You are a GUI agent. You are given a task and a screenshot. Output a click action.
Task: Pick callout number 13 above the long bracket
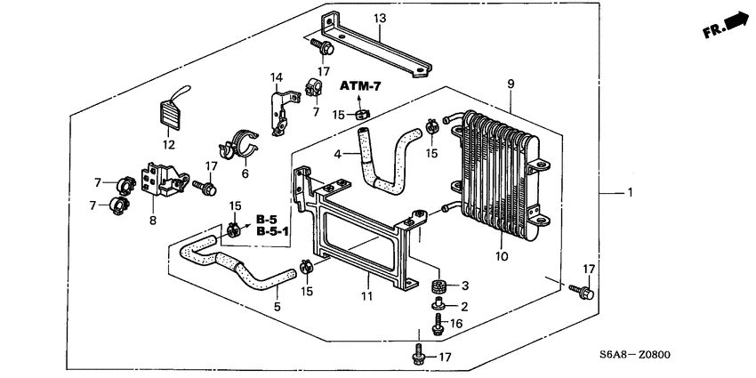click(x=380, y=18)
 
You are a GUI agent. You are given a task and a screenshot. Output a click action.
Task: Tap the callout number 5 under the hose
click(x=277, y=307)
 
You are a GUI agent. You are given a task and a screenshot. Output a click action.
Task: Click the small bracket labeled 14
click(x=281, y=111)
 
